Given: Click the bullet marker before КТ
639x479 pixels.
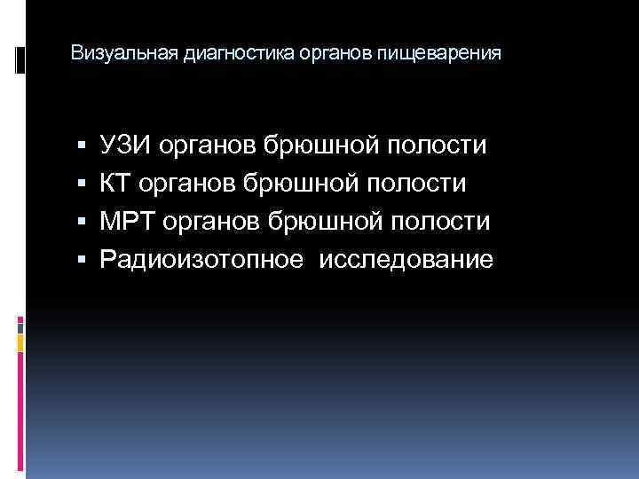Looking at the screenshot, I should coord(82,184).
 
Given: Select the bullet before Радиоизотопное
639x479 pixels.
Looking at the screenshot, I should coord(82,261).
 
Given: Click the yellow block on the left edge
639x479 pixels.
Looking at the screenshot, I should coord(20,340).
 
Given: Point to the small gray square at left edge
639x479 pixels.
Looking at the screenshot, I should coord(20,326).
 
